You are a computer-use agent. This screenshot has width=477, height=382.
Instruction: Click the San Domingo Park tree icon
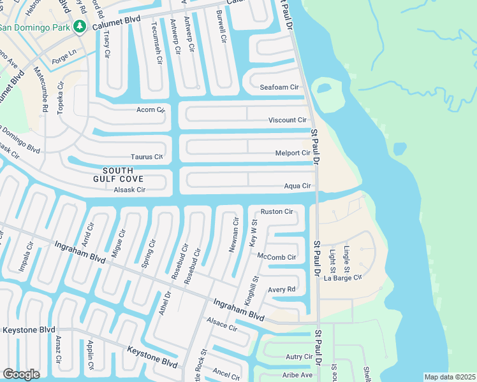tap(79, 27)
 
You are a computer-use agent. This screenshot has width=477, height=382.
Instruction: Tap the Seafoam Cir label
tap(279, 87)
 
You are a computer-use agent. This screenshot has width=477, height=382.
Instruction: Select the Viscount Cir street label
tap(287, 120)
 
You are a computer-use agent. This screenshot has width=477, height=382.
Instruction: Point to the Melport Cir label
tap(292, 153)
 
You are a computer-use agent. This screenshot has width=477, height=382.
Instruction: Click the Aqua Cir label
tap(297, 186)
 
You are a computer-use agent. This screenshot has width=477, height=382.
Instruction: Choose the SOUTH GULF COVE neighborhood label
tap(118, 174)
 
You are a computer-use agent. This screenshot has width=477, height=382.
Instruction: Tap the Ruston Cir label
tap(277, 211)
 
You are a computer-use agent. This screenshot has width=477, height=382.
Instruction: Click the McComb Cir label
tap(277, 257)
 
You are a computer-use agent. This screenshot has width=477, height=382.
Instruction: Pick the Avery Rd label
tap(281, 289)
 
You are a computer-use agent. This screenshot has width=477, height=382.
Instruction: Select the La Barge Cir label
tap(343, 278)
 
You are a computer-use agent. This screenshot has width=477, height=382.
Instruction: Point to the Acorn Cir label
tap(150, 110)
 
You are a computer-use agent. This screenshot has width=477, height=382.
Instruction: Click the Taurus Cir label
tap(147, 156)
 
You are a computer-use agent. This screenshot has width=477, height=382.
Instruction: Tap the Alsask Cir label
tap(129, 190)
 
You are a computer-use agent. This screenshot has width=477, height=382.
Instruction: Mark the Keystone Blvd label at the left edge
tap(29, 330)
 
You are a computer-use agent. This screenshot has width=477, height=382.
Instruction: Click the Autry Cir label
tap(299, 357)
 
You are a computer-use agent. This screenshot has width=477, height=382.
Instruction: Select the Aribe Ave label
tap(298, 375)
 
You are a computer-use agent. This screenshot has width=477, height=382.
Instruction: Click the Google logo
tap(21, 374)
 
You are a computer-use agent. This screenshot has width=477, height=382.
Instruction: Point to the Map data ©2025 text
tap(449, 377)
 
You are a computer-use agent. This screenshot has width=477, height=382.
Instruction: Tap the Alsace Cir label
tap(220, 324)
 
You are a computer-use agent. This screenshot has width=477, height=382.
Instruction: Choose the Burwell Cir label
tap(221, 26)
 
